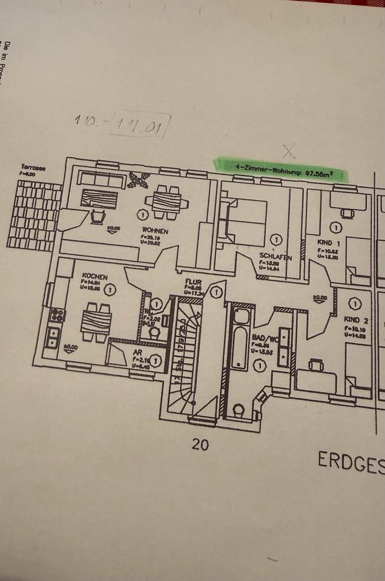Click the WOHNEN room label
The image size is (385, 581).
pyautogui.click(x=155, y=231)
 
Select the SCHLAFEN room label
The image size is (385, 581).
pyautogui.click(x=275, y=257)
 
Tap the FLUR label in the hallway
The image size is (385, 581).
pyautogui.click(x=193, y=282)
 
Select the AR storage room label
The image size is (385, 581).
pyautogui.click(x=137, y=351)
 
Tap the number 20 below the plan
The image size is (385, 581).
pyautogui.click(x=200, y=445)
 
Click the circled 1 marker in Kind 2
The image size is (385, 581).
pyautogui.click(x=355, y=304)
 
